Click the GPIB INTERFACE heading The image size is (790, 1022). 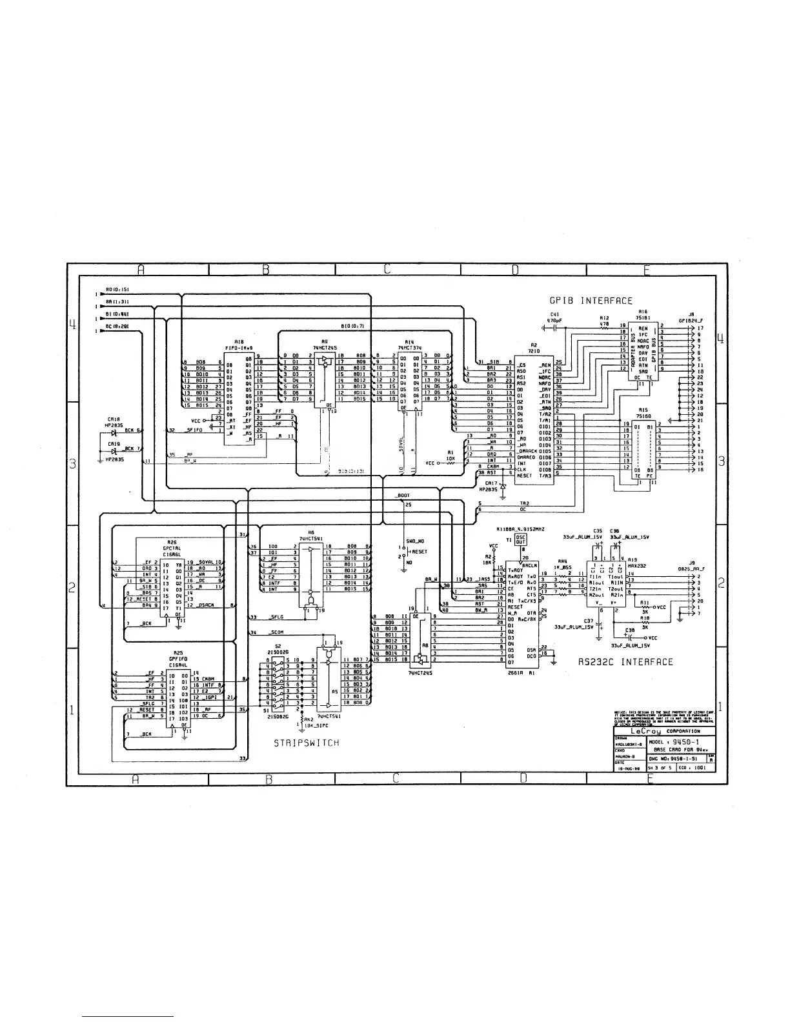coord(591,301)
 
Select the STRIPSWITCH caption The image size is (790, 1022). coord(306,743)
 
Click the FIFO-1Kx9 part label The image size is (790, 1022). coord(239,346)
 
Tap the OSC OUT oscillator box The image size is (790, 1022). coord(521,539)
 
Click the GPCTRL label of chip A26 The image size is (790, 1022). coord(171,548)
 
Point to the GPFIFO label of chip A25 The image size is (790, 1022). coord(177,659)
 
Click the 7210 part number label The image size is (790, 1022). coord(534,352)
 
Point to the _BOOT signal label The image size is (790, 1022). coord(402,496)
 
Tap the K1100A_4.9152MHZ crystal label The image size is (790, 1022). coord(521,530)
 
